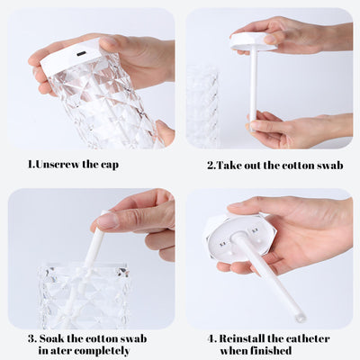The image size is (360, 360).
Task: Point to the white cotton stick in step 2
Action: (x=253, y=85)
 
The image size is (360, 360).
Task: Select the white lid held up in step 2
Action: (x=252, y=40)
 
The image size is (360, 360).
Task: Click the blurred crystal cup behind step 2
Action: (x=204, y=103)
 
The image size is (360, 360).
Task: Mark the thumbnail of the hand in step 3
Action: (x=107, y=220)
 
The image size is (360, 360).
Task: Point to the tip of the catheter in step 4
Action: (x=299, y=317)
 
